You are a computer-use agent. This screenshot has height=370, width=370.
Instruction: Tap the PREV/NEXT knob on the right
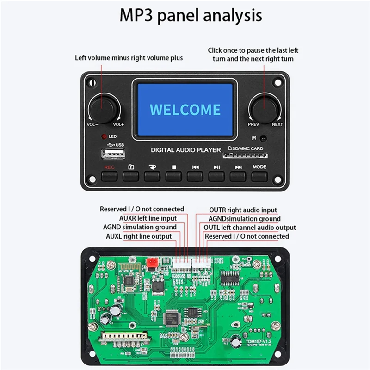(264, 108)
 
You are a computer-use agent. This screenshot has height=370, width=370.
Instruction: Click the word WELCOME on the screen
(185, 110)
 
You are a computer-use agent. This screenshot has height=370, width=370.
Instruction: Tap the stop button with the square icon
(173, 175)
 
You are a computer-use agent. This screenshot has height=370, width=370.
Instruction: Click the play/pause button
(216, 175)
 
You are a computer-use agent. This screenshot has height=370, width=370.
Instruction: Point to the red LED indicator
(104, 137)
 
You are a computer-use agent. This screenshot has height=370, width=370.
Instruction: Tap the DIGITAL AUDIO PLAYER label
(186, 150)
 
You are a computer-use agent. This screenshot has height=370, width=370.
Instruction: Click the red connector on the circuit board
(150, 263)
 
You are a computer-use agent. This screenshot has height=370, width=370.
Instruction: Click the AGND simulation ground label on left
(140, 227)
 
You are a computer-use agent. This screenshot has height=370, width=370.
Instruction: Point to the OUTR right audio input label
(243, 210)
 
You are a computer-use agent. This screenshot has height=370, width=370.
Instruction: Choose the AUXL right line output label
(139, 236)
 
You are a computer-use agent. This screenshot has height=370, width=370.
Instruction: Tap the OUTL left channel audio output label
(250, 227)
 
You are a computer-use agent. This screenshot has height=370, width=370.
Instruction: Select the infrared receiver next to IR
(263, 138)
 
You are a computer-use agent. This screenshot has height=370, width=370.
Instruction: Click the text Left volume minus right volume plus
(129, 58)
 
